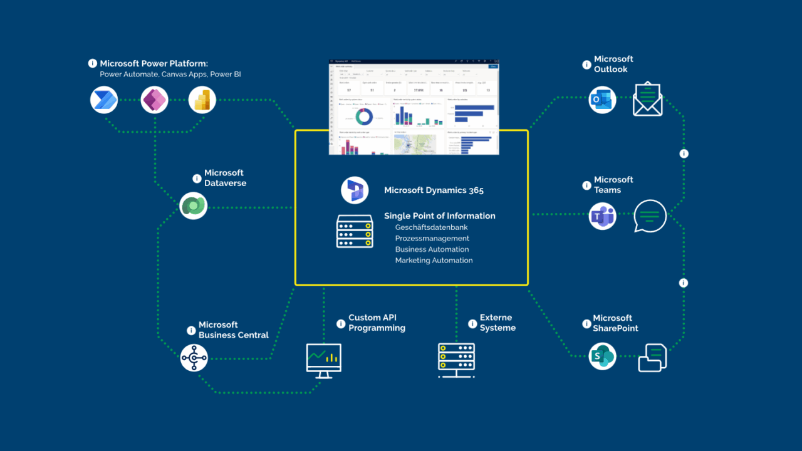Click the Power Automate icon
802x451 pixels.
click(x=104, y=100)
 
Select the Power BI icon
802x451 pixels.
click(x=202, y=100)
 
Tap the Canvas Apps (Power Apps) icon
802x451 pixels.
click(x=154, y=100)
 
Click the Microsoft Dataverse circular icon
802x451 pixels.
click(x=193, y=205)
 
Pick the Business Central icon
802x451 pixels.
click(x=194, y=358)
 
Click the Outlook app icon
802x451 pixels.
click(x=602, y=100)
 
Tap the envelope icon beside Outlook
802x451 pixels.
click(x=647, y=100)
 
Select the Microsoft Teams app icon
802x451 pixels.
click(x=602, y=217)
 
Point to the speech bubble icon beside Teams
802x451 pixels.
click(x=650, y=216)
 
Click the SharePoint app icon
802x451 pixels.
click(x=602, y=356)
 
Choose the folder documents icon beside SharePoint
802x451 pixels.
click(x=652, y=358)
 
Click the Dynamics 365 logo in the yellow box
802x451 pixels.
click(x=355, y=190)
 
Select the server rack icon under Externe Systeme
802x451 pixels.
click(x=456, y=360)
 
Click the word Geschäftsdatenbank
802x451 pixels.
click(x=431, y=227)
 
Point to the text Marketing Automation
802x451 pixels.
click(x=434, y=261)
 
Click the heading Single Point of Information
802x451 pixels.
click(x=439, y=216)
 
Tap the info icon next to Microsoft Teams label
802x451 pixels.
click(x=586, y=185)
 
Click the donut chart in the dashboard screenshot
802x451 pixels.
click(x=364, y=117)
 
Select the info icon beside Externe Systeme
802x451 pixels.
click(x=472, y=324)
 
